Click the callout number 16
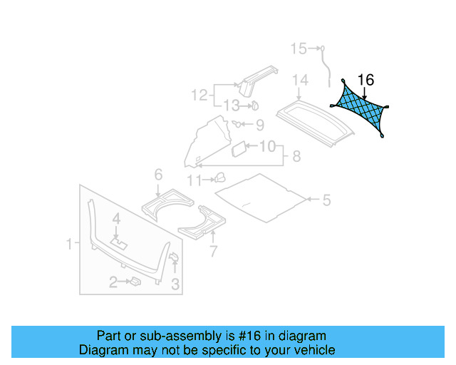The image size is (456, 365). (x=366, y=80)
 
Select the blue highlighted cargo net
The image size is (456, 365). (x=361, y=108)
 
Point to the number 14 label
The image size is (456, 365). (x=299, y=79)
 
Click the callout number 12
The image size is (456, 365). (x=199, y=94)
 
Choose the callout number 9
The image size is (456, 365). (x=259, y=125)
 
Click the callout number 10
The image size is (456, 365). (x=266, y=147)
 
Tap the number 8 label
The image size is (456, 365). (x=296, y=155)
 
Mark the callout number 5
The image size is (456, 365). (x=326, y=200)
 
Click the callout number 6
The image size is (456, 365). (x=158, y=174)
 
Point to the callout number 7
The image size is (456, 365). (x=211, y=250)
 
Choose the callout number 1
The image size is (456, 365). (x=70, y=245)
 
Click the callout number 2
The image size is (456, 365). (x=113, y=283)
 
